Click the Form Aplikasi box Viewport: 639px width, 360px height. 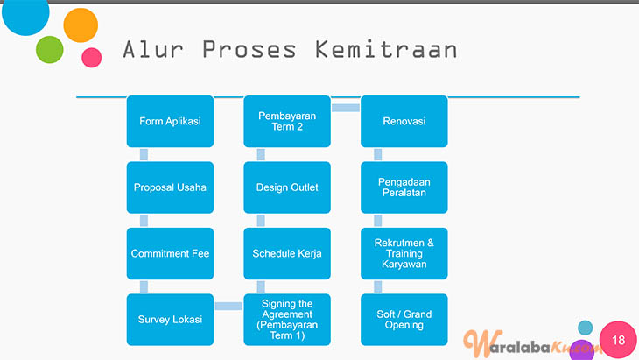click(170, 121)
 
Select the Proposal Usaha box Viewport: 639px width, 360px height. click(170, 187)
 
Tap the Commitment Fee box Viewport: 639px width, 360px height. click(170, 254)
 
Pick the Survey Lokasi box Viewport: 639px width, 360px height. click(170, 320)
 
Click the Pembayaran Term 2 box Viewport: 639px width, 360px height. click(287, 121)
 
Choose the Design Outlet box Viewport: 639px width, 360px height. click(287, 187)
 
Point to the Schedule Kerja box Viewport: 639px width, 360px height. click(287, 254)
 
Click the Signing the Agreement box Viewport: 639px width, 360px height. click(287, 320)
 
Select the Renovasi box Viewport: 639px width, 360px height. click(404, 121)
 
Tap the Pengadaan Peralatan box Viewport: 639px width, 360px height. click(404, 187)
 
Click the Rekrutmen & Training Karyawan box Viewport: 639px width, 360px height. click(404, 254)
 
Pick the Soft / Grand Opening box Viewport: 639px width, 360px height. click(404, 320)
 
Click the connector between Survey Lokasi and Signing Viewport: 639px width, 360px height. click(228, 307)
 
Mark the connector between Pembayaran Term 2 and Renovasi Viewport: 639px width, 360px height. click(346, 108)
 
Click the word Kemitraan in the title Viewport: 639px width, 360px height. click(386, 50)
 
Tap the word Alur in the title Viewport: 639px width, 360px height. click(153, 50)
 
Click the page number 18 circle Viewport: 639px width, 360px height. click(618, 340)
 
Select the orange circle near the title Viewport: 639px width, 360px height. click(81, 25)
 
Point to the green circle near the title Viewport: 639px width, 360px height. click(50, 50)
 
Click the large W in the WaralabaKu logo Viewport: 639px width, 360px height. click(478, 342)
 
